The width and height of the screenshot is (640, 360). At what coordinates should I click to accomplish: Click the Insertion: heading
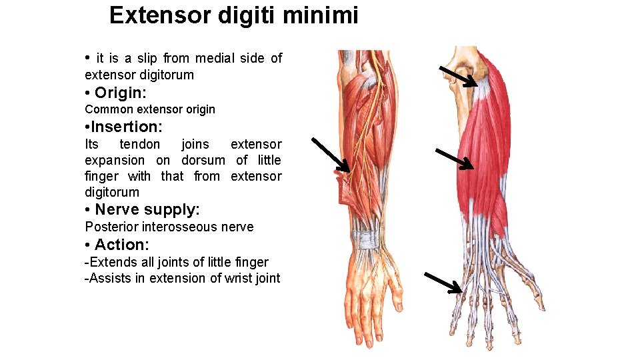pos(127,127)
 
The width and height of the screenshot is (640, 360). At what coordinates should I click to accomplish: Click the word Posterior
pos(110,227)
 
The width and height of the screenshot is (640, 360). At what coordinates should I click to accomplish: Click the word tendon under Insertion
pos(140,144)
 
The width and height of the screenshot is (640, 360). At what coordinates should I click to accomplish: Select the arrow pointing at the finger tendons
pos(444,283)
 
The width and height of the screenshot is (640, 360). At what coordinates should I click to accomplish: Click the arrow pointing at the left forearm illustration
pos(331,155)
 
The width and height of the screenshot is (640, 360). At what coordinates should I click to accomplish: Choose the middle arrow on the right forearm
pos(455,159)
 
